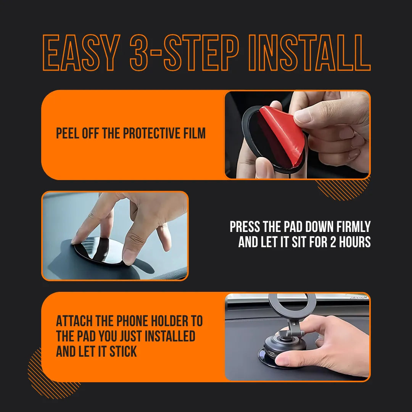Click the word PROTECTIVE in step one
coord(149,134)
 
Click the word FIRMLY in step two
coord(353,227)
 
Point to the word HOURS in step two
coord(355,242)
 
